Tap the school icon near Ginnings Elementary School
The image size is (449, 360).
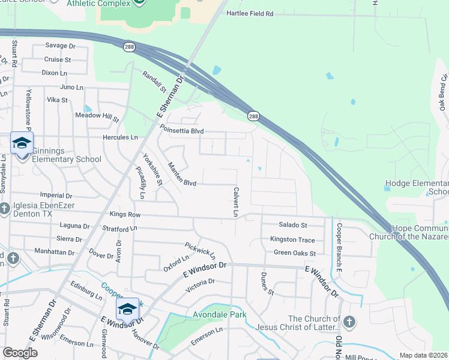point(22,143)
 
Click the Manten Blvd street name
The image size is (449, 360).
point(182,175)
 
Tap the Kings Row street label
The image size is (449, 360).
point(125,214)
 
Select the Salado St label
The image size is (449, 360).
point(293,225)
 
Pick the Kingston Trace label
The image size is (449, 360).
point(292,239)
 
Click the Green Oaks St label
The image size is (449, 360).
point(295,253)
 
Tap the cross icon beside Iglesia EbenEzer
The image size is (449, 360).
point(4,209)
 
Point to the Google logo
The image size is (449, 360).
point(20,353)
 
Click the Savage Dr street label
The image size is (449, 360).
point(61,46)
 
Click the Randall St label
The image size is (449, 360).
point(154,82)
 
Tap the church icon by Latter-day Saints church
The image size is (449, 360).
point(349,323)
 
